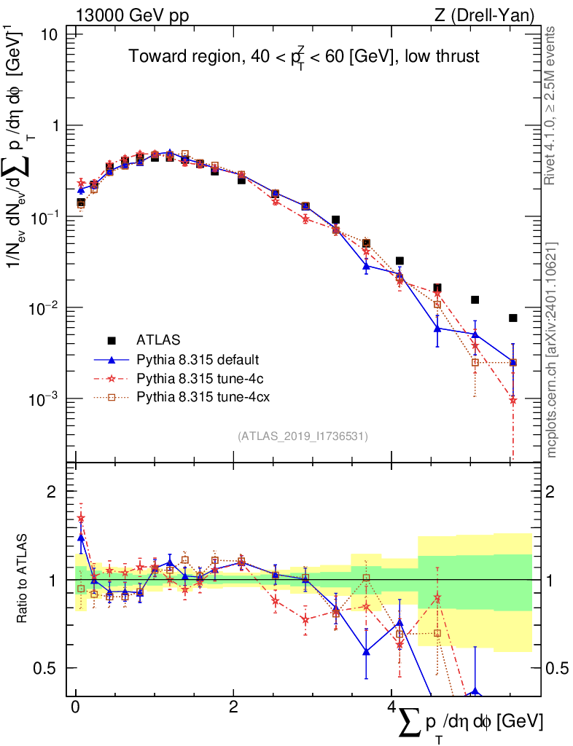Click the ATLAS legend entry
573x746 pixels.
pos(157,339)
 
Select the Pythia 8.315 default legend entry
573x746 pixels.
pos(198,359)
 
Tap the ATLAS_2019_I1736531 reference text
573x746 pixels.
pos(303,436)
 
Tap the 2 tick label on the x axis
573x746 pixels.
pos(233,707)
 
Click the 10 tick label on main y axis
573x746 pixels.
pos(51,34)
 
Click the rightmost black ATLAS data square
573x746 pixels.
pos(513,318)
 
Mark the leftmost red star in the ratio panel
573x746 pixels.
pos(81,518)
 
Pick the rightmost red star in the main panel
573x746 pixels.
pos(513,400)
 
